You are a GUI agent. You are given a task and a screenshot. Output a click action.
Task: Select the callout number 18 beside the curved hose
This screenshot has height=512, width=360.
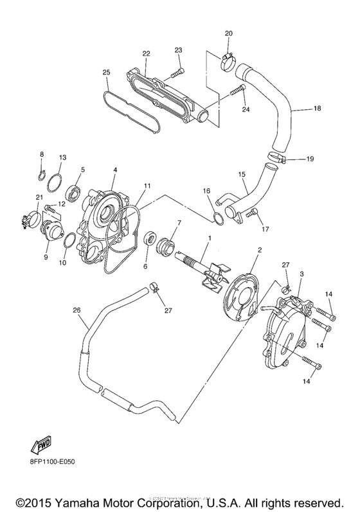tap(317, 109)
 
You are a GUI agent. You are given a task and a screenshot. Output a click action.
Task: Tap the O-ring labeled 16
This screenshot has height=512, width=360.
tap(219, 218)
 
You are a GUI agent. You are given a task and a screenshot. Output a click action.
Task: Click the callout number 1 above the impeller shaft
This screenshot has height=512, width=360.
tap(209, 239)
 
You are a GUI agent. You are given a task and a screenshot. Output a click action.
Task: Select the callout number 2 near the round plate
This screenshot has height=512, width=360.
tap(260, 249)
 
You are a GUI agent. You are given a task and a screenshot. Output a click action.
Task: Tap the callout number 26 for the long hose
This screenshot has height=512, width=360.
tap(76, 311)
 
